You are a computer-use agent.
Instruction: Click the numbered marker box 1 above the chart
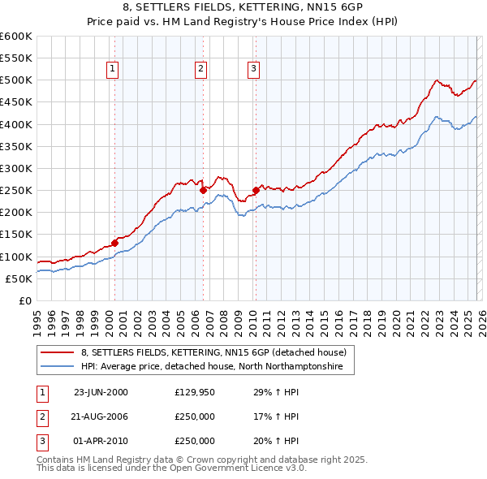[111, 69]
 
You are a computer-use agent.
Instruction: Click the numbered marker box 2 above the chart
[200, 69]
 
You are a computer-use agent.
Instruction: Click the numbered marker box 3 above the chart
[253, 69]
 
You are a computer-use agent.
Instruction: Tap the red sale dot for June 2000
[115, 242]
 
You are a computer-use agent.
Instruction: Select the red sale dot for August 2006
[203, 190]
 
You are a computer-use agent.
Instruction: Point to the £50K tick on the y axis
[19, 278]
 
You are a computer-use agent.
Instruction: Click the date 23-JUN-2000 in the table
[101, 392]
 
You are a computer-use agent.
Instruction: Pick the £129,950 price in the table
[195, 392]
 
